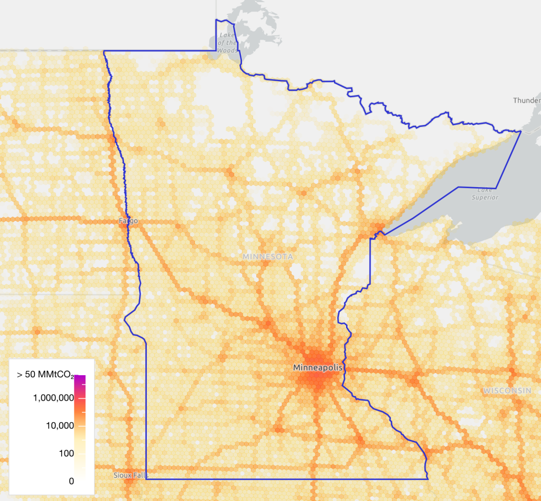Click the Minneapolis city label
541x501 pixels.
coord(318,367)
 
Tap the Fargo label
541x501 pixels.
coord(128,220)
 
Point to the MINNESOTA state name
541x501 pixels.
coord(267,257)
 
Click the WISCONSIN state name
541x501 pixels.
coord(507,391)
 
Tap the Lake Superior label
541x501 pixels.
coord(485,194)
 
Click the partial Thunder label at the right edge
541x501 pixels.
coord(527,100)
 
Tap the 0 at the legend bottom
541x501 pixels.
coord(71,481)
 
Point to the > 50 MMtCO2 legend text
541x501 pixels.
coord(47,375)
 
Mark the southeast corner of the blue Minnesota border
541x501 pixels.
coord(427,479)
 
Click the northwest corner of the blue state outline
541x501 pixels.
coord(104,51)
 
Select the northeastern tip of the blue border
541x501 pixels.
coord(521,131)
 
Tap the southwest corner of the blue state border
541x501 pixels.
coord(146,479)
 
